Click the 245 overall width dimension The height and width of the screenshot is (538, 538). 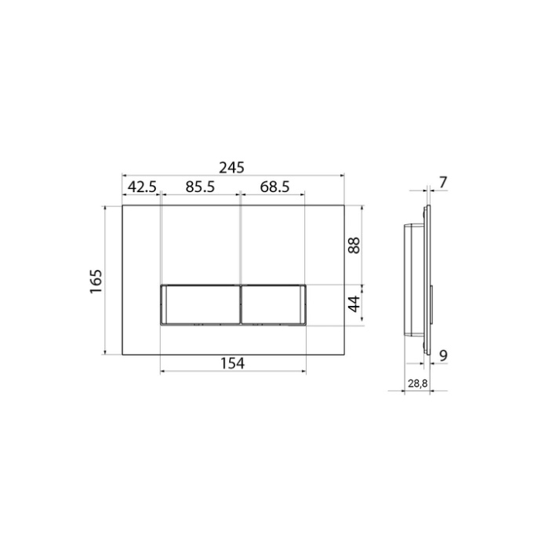point(231,168)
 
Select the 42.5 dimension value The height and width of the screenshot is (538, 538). point(142,187)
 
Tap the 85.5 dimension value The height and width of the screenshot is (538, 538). point(200,187)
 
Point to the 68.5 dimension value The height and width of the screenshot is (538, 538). point(274,187)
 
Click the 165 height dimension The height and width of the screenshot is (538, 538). point(96,281)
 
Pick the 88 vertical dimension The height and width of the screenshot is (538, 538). point(354,245)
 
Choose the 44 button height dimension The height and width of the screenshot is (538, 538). point(354,304)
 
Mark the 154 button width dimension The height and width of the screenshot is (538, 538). point(232,363)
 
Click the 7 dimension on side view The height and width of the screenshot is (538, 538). point(443,182)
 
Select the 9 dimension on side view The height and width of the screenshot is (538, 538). point(444,356)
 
